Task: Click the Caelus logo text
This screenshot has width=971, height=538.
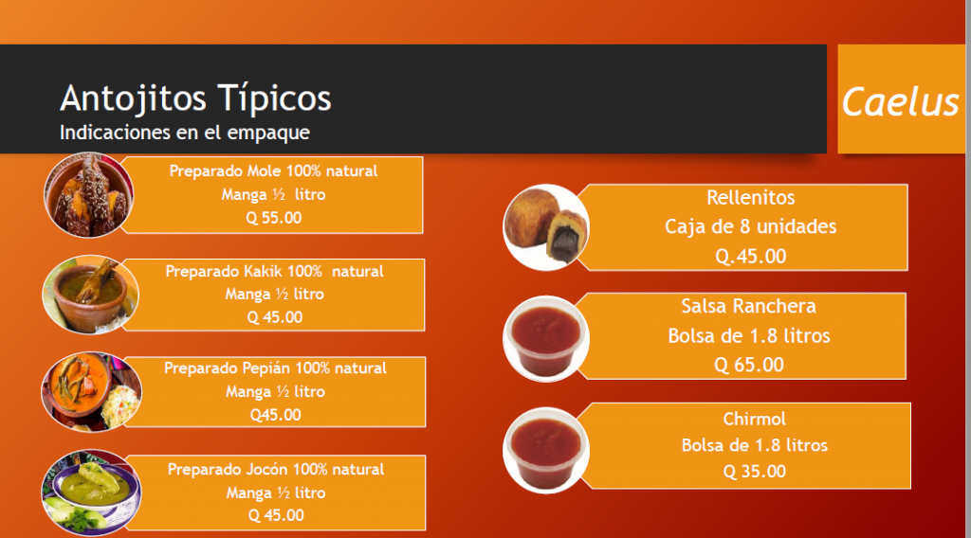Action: click(x=901, y=102)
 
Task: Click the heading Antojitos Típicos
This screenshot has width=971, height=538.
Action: click(x=195, y=99)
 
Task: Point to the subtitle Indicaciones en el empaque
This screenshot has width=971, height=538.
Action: click(x=185, y=133)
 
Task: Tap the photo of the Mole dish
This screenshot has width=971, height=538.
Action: click(x=88, y=195)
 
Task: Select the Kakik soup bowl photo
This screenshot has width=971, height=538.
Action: click(x=90, y=295)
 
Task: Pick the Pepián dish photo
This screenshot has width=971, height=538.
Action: click(x=91, y=391)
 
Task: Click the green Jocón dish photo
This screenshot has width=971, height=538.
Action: click(x=91, y=493)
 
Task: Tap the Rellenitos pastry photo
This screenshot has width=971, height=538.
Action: click(x=545, y=227)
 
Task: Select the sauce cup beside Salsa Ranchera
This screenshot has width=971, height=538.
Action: click(x=545, y=338)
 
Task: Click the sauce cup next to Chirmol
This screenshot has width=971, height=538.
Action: click(x=545, y=450)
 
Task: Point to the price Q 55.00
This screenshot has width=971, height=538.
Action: click(x=273, y=218)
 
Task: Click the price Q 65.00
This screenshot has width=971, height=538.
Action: click(x=749, y=365)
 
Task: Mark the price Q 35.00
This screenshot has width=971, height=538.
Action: click(x=754, y=472)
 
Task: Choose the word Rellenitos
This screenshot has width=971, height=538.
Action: click(x=751, y=198)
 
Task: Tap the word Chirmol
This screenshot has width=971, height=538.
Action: click(x=754, y=420)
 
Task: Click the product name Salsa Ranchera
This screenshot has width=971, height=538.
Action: click(x=749, y=306)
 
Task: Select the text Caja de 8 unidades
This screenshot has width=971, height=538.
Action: click(x=751, y=227)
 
